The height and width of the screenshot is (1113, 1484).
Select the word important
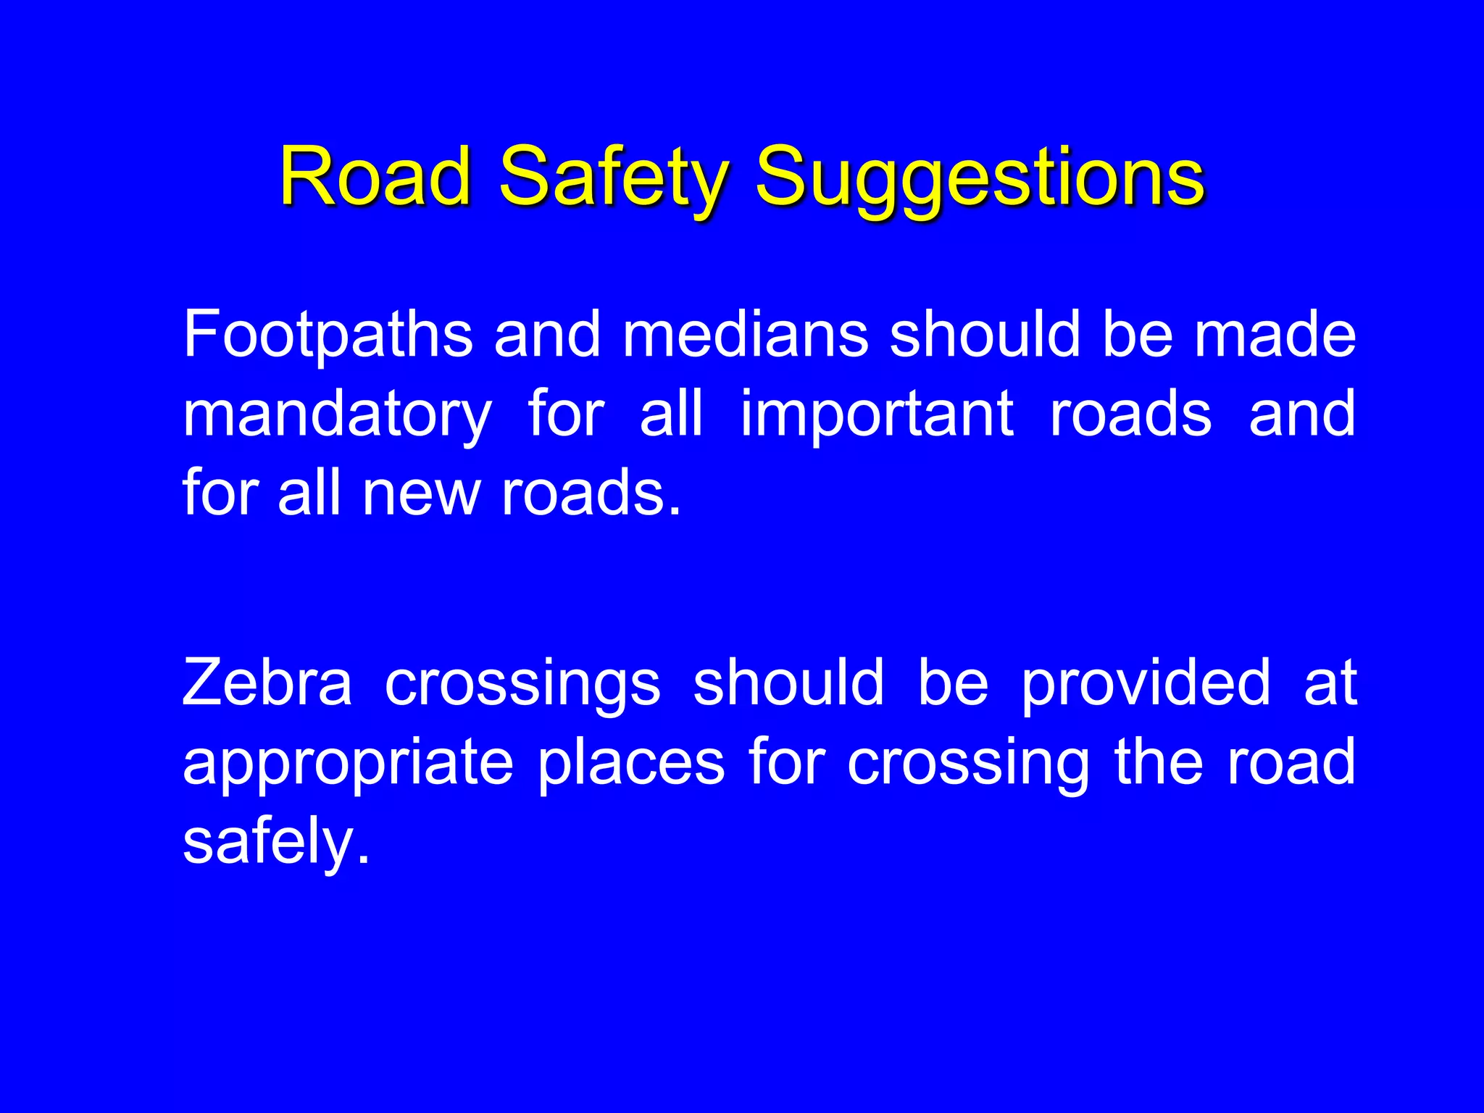(x=877, y=414)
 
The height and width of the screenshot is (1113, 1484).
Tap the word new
(x=421, y=493)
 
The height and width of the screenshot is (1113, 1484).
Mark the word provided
(x=1146, y=683)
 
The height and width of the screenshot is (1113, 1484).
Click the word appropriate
(x=349, y=764)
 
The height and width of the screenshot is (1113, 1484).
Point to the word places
(x=630, y=764)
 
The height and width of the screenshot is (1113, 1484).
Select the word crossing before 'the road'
(x=968, y=764)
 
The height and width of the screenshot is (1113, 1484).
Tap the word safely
(x=275, y=842)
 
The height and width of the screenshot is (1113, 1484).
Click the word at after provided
(x=1330, y=683)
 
